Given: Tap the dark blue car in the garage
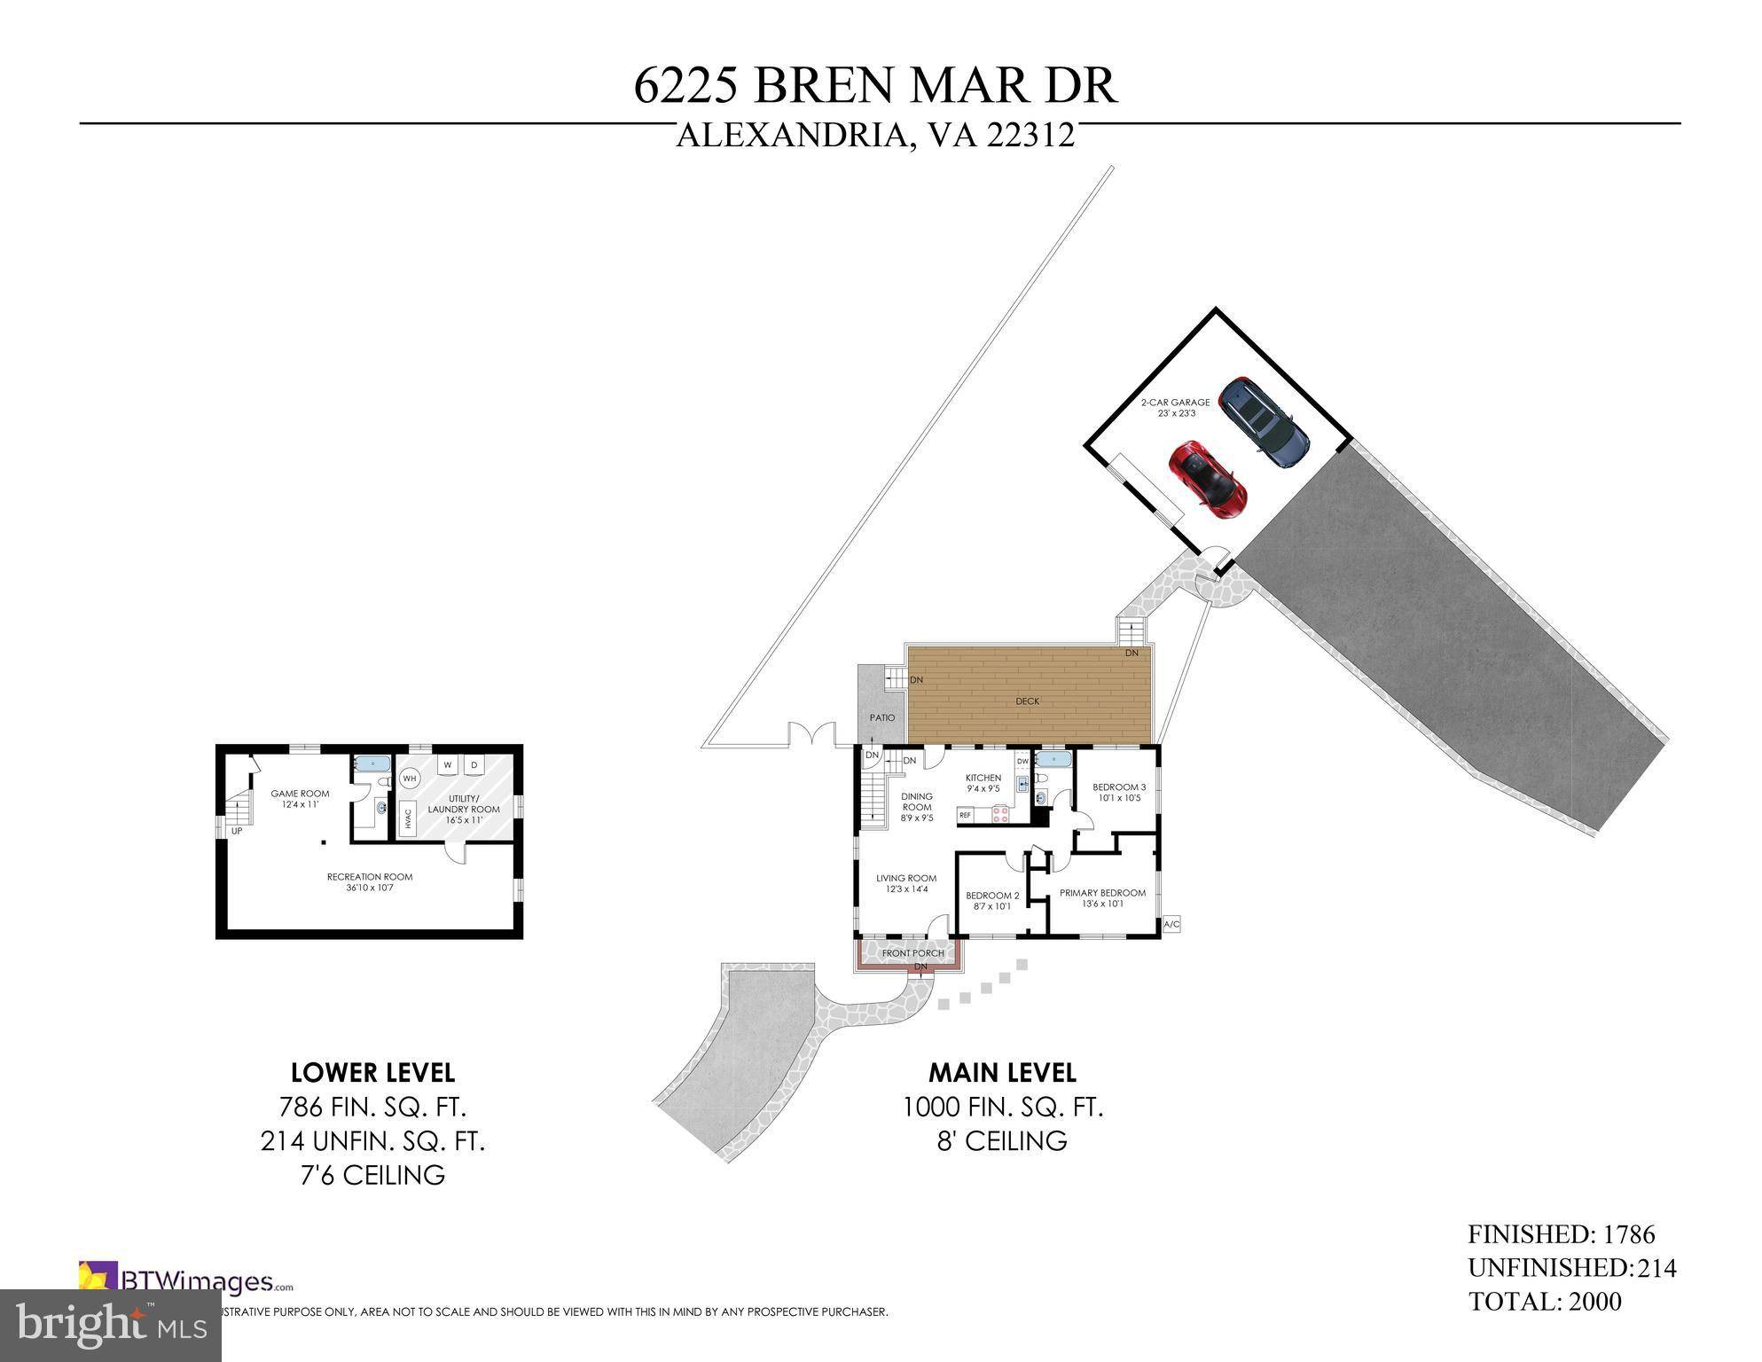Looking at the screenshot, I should point(1263,423).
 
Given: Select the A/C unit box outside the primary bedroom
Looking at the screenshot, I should point(1171,924).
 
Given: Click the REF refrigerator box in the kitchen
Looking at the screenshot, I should point(965,814).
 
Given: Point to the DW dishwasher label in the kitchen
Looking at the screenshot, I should point(1022,761).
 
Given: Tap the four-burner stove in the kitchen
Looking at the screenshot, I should point(1001,814).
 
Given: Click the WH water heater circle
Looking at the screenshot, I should point(410,779).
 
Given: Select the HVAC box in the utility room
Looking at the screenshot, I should point(408,817).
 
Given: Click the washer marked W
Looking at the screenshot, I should point(447,764).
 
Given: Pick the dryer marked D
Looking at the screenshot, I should point(474,764).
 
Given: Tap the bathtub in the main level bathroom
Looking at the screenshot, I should point(1053,759).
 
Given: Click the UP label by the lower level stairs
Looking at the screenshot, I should point(237,831).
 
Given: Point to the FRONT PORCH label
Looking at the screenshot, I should point(912,953).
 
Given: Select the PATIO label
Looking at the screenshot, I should point(881,717).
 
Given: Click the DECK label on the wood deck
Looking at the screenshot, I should point(1027,701).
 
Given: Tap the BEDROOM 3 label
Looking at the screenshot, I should point(1118,787).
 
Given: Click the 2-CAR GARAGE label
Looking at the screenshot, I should point(1175,402).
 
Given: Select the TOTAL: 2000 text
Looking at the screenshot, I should point(1545,1302).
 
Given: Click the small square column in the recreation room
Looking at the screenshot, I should point(325,842).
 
